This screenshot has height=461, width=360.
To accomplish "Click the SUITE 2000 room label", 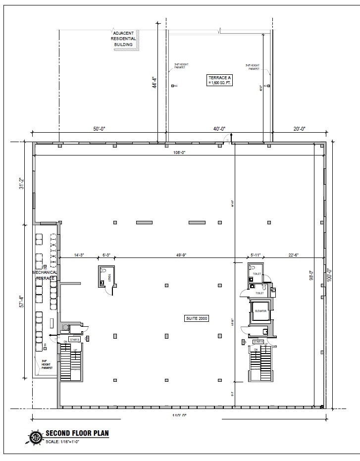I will pyautogui.click(x=197, y=318).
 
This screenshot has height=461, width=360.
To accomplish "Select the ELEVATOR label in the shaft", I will pyautogui.click(x=260, y=310).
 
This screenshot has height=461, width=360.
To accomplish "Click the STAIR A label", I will pyautogui.click(x=258, y=342).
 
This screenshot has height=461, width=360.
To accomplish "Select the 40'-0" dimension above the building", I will pyautogui.click(x=219, y=129).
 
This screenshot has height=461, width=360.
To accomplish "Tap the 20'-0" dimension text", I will pyautogui.click(x=299, y=129).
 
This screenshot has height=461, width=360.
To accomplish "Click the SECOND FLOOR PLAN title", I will pyautogui.click(x=77, y=433).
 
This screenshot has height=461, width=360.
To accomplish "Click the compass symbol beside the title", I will pyautogui.click(x=35, y=437).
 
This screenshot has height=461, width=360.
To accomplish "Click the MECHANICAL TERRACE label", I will pyautogui.click(x=45, y=275).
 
